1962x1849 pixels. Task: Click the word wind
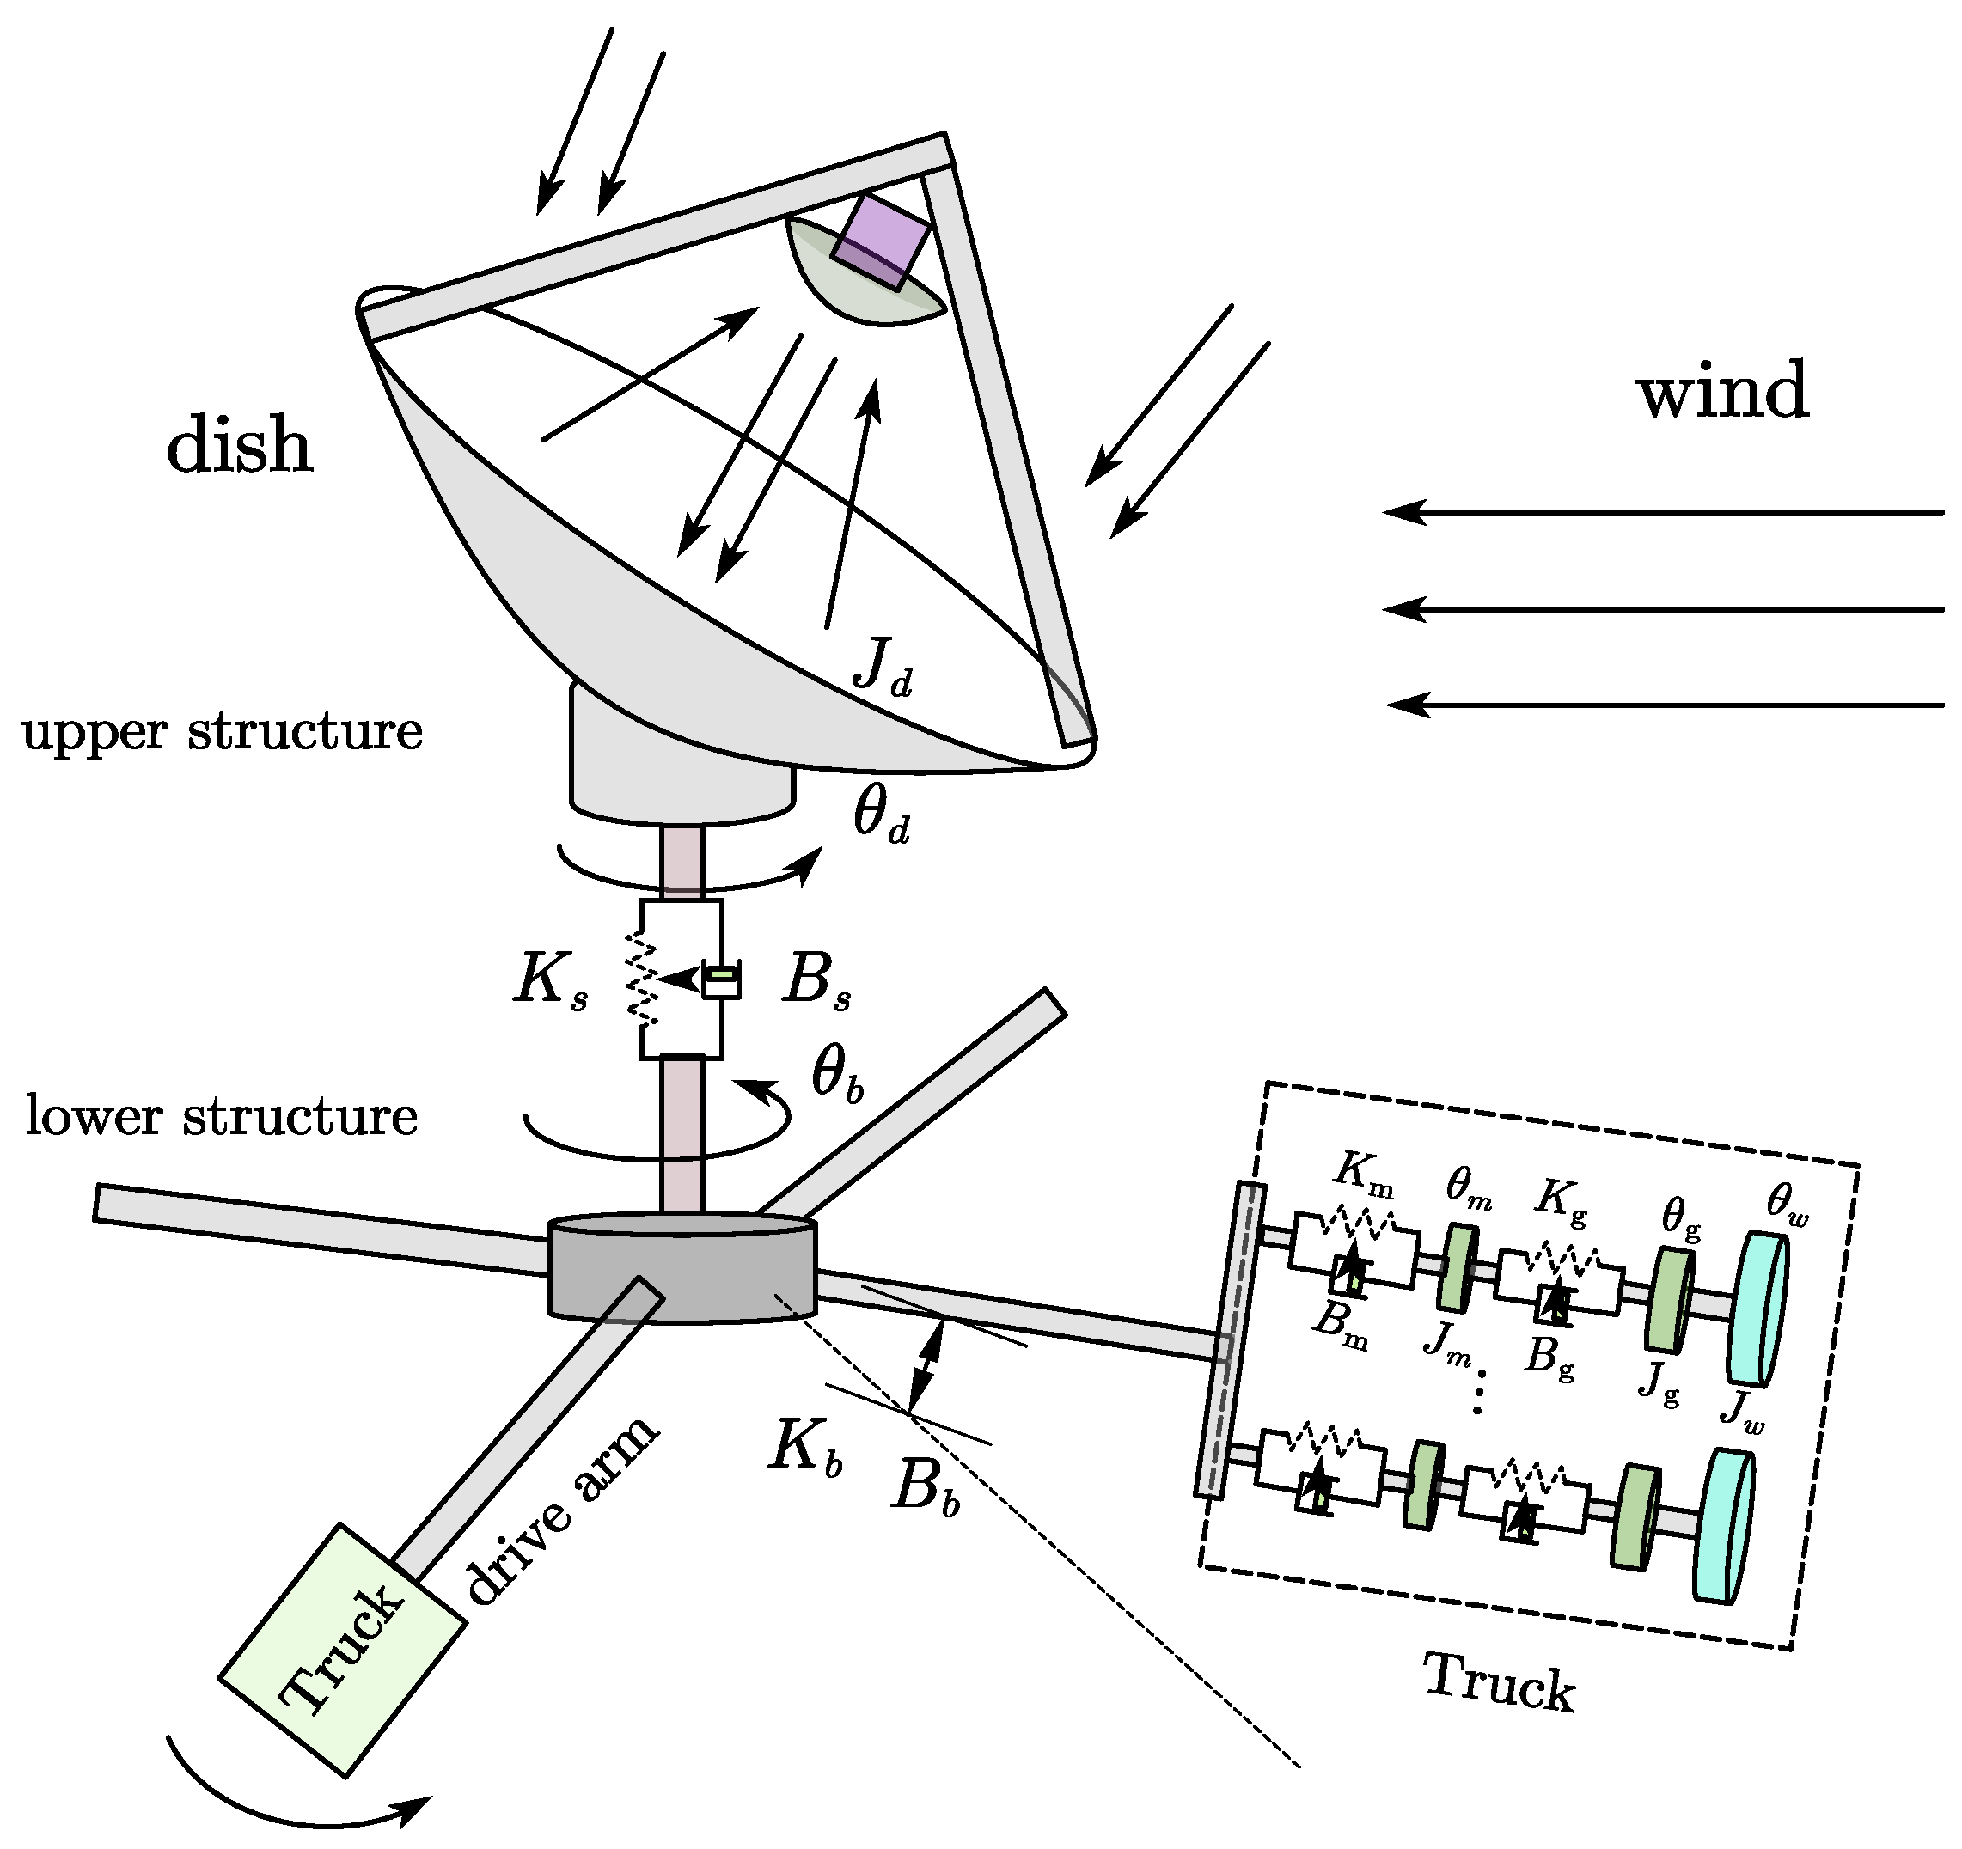coord(1723,391)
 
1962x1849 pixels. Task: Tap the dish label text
coord(239,445)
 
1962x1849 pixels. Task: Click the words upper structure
coord(222,732)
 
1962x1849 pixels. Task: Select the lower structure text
coord(221,1116)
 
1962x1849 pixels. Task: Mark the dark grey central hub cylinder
coord(681,1272)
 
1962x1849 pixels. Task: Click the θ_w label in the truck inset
coord(1788,1201)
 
